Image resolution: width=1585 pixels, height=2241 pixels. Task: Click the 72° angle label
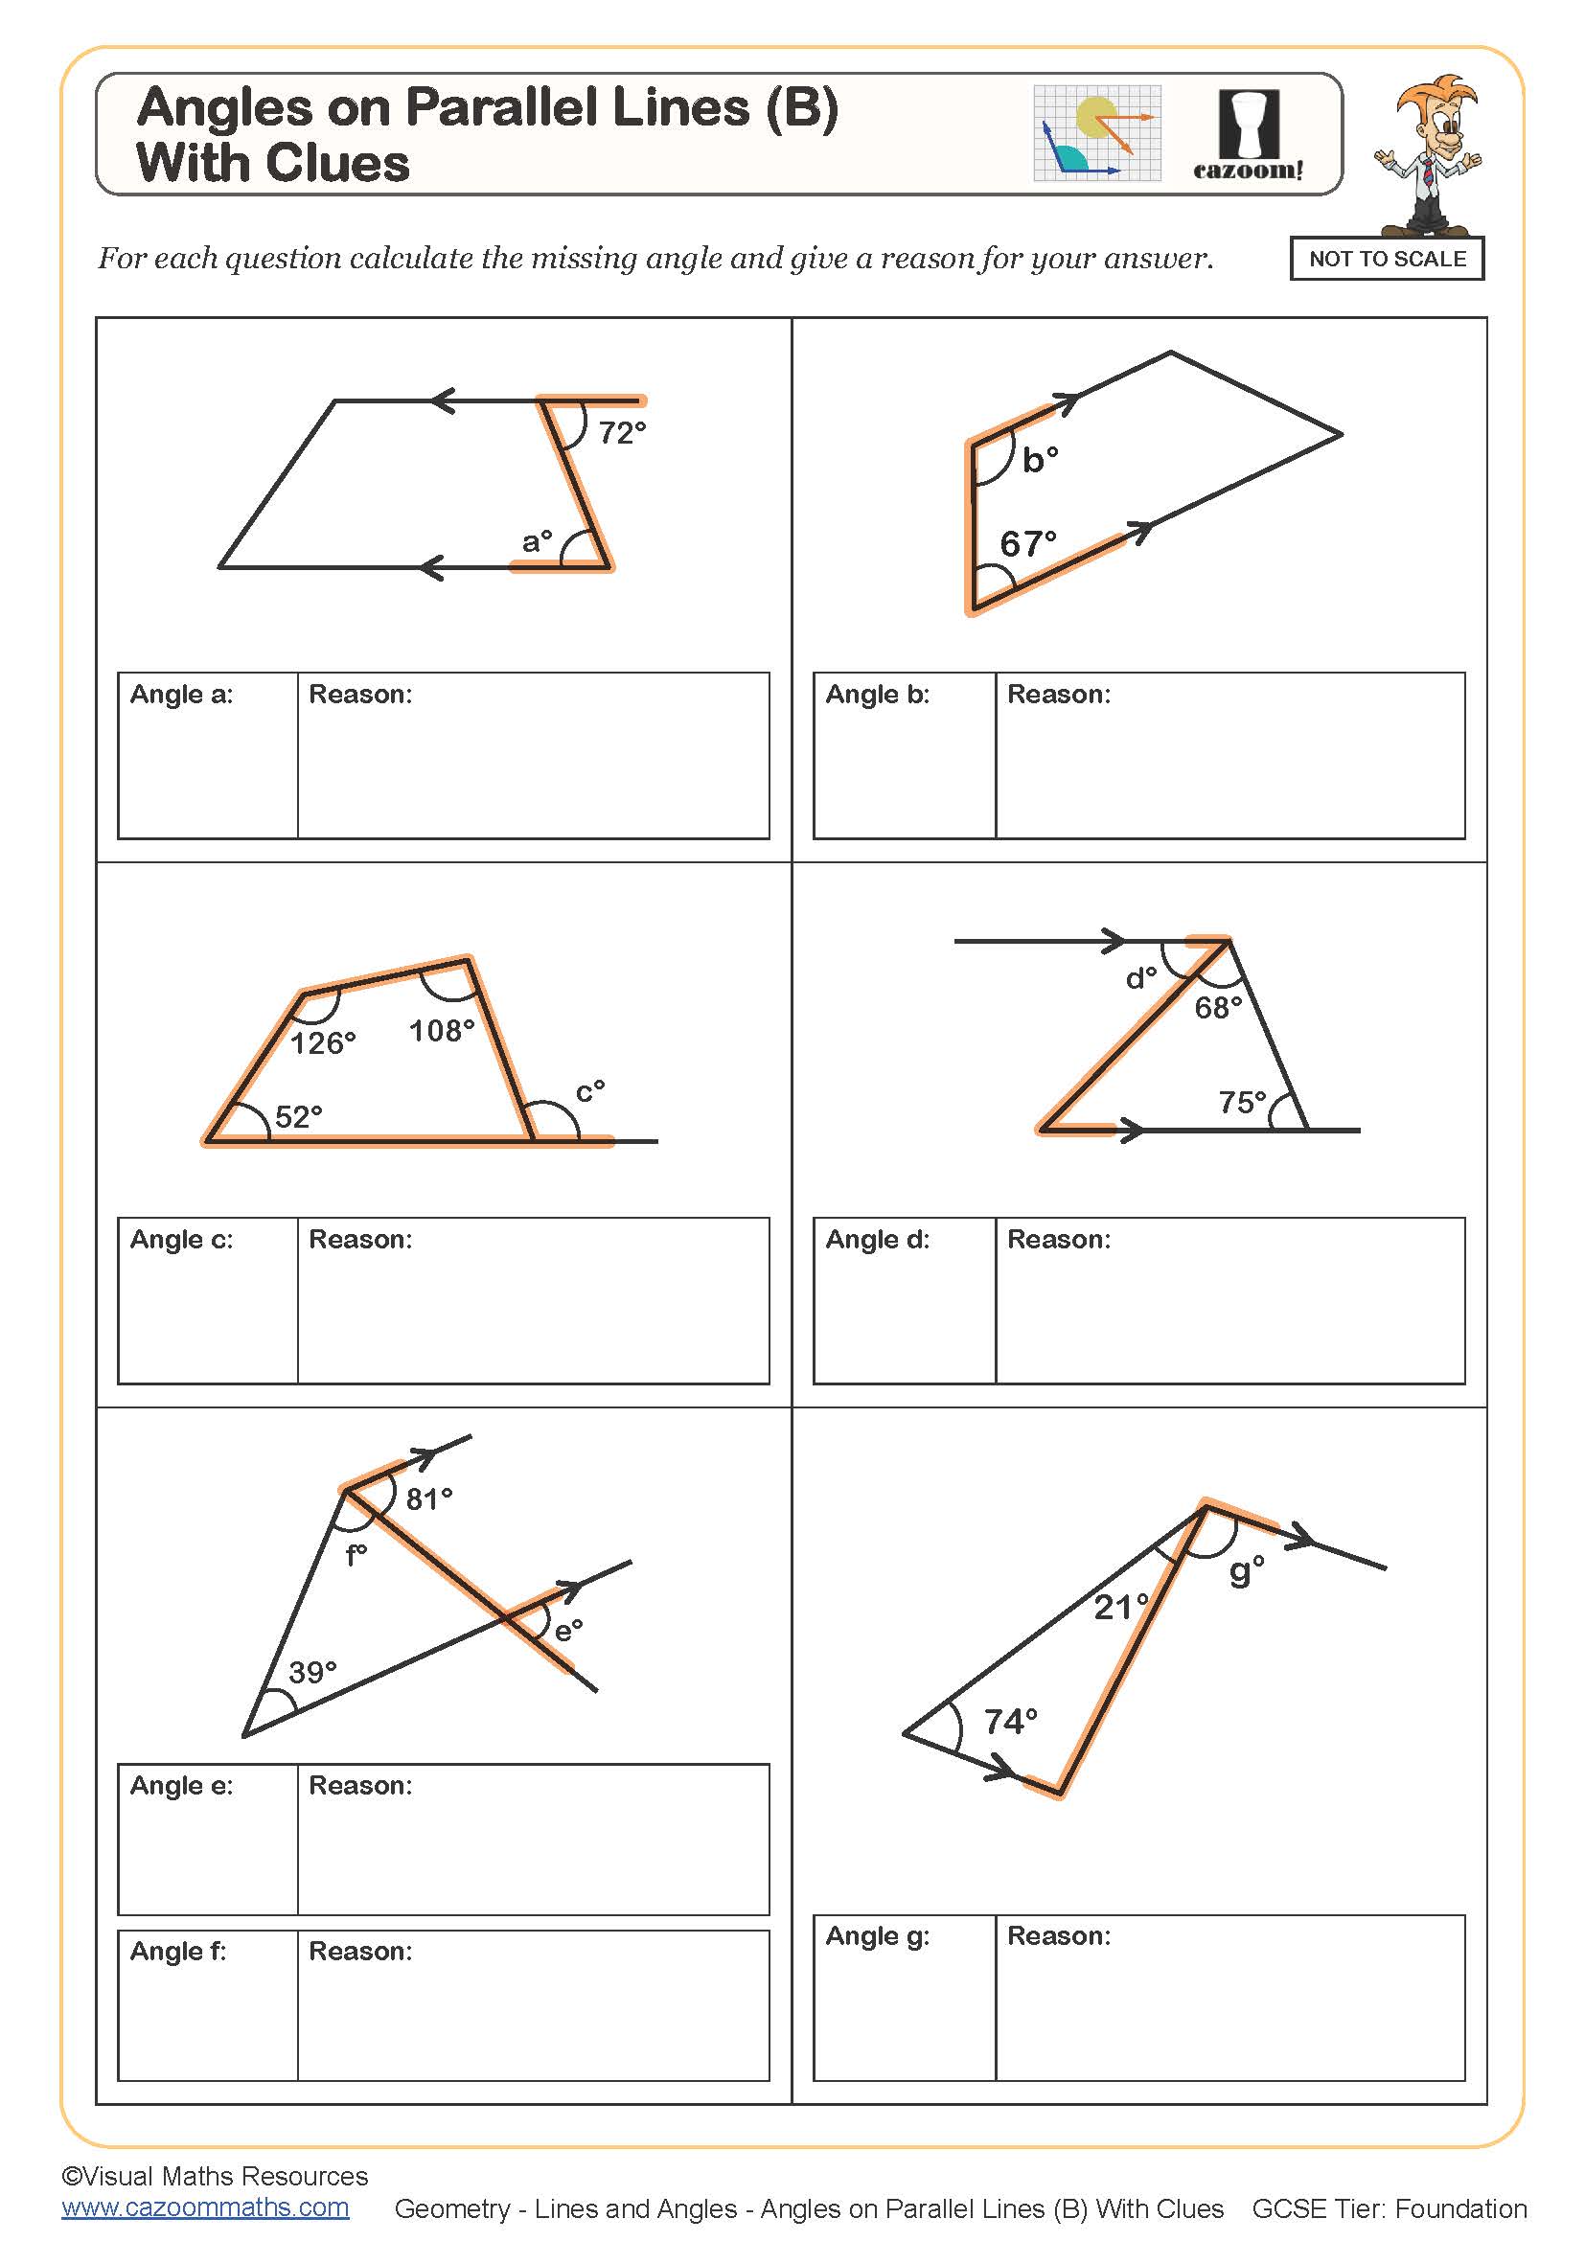pyautogui.click(x=622, y=432)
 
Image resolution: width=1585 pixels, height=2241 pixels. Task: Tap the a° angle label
pyautogui.click(x=537, y=540)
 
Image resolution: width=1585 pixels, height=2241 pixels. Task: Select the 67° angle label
pyautogui.click(x=1027, y=543)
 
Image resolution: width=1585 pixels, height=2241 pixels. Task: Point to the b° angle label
pyautogui.click(x=1040, y=460)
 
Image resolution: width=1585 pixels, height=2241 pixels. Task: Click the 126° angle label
pyautogui.click(x=323, y=1043)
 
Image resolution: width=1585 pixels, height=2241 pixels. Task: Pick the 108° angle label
pyautogui.click(x=441, y=1031)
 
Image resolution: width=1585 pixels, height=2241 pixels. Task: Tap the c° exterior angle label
pyautogui.click(x=589, y=1090)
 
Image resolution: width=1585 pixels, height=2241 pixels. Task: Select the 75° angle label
pyautogui.click(x=1243, y=1102)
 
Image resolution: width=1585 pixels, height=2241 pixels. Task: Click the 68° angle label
pyautogui.click(x=1218, y=1007)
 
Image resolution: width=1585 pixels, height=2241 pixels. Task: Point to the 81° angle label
pyautogui.click(x=429, y=1498)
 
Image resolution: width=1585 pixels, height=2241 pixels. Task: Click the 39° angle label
pyautogui.click(x=312, y=1672)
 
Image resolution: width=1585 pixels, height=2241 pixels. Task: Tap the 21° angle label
pyautogui.click(x=1120, y=1607)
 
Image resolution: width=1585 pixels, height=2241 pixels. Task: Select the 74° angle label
pyautogui.click(x=1010, y=1721)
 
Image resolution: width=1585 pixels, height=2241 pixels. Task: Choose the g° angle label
pyautogui.click(x=1247, y=1570)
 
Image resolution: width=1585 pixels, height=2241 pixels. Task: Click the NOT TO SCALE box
pyautogui.click(x=1386, y=259)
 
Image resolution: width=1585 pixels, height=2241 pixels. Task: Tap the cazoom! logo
pyautogui.click(x=1249, y=136)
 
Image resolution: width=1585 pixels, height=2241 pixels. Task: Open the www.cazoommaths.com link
pyautogui.click(x=205, y=2207)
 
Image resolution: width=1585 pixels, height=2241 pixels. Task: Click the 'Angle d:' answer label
pyautogui.click(x=877, y=1239)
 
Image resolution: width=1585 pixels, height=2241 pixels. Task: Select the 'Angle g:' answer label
pyautogui.click(x=877, y=1935)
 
